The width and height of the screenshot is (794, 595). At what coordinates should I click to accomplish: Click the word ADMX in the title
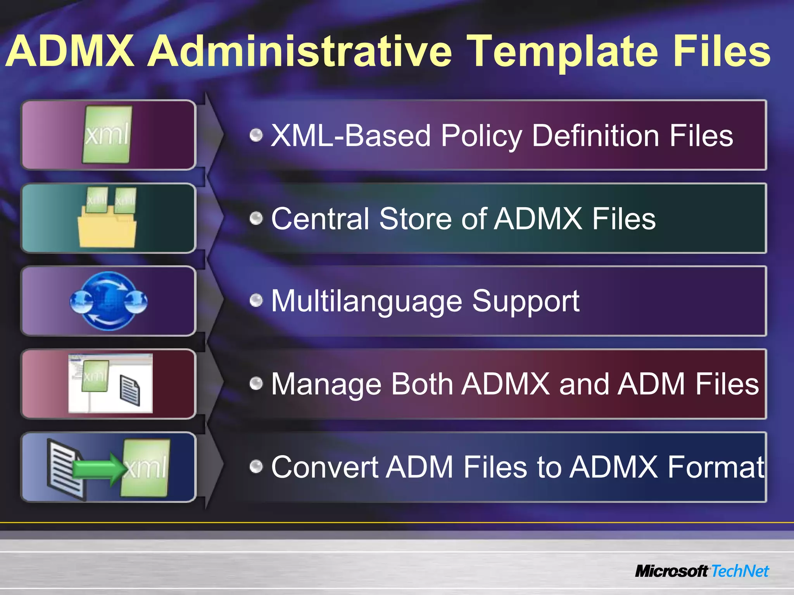(x=70, y=51)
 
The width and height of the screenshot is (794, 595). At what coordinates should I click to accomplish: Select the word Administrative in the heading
(x=300, y=51)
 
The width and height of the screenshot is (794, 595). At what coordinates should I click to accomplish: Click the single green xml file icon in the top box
(x=107, y=134)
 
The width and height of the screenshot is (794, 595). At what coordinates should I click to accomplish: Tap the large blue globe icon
(x=109, y=301)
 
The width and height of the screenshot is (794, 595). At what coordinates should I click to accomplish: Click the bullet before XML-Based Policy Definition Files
(x=256, y=135)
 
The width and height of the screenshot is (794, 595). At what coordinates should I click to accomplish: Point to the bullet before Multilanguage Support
(x=256, y=300)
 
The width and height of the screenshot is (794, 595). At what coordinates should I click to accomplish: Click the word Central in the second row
(x=320, y=218)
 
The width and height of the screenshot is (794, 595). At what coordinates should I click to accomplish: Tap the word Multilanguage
(x=367, y=301)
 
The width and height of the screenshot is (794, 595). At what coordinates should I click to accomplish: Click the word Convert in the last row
(x=324, y=467)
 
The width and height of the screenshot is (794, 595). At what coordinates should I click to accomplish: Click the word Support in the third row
(x=525, y=301)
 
